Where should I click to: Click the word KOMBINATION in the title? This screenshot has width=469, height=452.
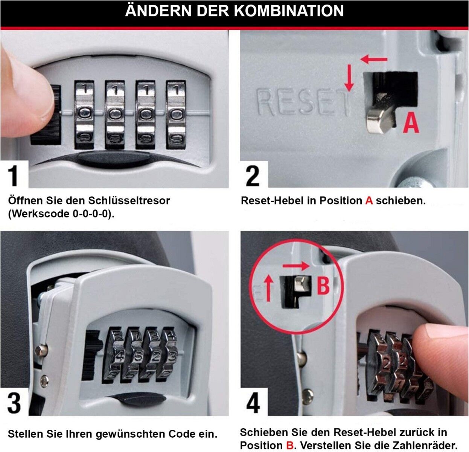(289, 11)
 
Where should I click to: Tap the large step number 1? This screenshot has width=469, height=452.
(14, 176)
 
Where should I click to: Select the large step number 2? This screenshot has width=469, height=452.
(253, 176)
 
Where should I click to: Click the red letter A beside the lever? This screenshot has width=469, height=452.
(411, 123)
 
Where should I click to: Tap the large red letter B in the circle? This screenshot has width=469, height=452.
(323, 286)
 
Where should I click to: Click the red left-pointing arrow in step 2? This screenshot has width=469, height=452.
(374, 59)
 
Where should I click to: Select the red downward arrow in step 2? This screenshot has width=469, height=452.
(349, 78)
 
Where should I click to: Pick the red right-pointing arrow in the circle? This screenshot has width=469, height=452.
(296, 266)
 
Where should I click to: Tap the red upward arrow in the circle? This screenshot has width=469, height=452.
(269, 289)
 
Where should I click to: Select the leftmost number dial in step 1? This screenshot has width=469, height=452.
(84, 115)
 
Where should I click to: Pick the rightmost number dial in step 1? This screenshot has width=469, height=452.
(176, 115)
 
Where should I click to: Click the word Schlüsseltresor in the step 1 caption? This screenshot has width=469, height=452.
(129, 201)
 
